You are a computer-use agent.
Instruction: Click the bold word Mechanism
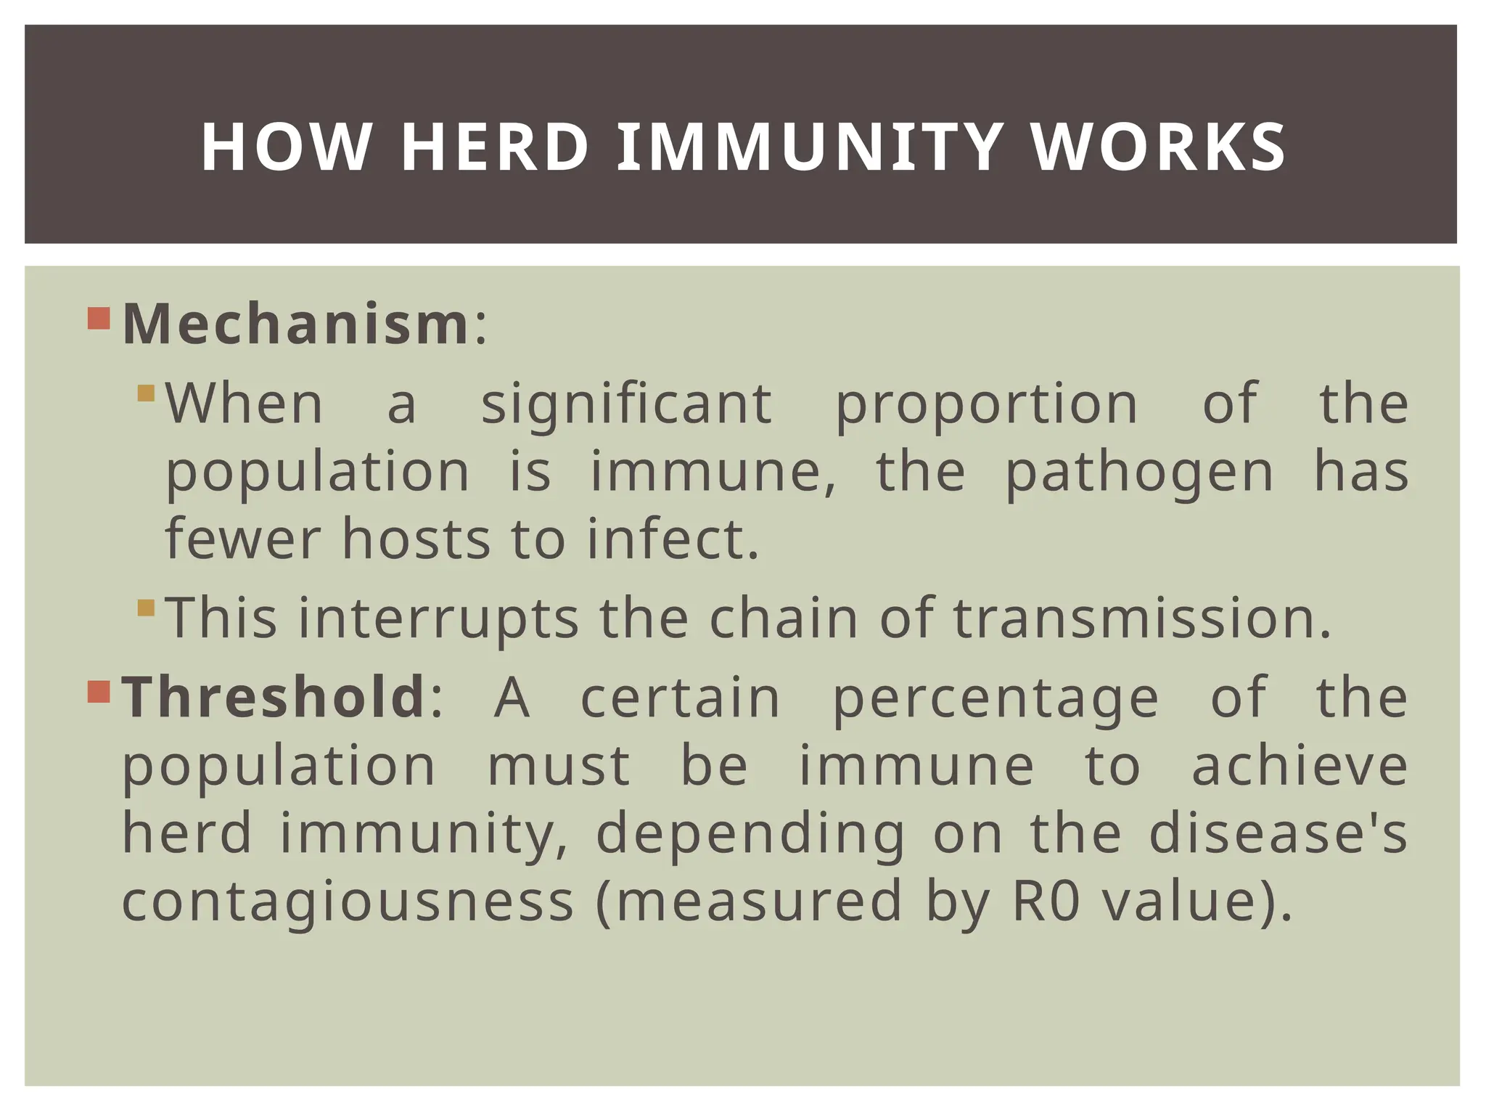click(x=296, y=324)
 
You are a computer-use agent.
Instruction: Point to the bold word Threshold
click(x=274, y=696)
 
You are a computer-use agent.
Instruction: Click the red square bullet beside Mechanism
click(x=98, y=319)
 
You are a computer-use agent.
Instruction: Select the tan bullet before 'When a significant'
click(x=146, y=393)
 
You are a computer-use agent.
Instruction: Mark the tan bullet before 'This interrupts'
click(x=146, y=608)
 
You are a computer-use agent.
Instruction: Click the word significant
click(x=626, y=404)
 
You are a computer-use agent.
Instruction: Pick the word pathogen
click(x=1139, y=473)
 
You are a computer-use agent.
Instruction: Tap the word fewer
click(x=242, y=539)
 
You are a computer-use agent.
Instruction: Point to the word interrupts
click(x=438, y=618)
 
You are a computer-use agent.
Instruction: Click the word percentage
click(x=996, y=698)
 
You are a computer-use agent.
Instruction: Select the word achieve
click(x=1300, y=766)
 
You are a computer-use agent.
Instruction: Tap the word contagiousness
click(x=348, y=901)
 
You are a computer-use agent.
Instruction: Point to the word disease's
click(x=1278, y=833)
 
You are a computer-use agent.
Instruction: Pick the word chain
click(x=784, y=618)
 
